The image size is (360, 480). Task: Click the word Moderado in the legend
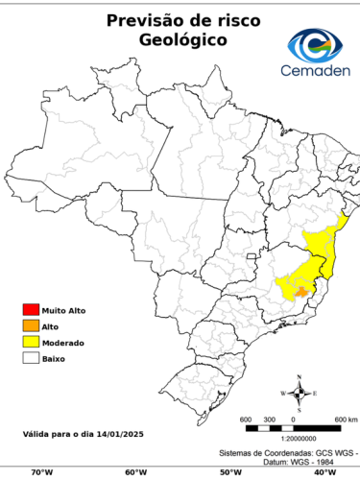click(62, 343)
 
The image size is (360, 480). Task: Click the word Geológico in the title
click(182, 40)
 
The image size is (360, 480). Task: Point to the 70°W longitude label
click(41, 471)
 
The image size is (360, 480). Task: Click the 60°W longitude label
click(135, 471)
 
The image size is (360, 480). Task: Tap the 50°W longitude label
click(229, 471)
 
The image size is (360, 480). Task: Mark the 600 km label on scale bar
click(346, 420)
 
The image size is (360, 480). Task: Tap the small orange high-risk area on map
click(301, 290)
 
